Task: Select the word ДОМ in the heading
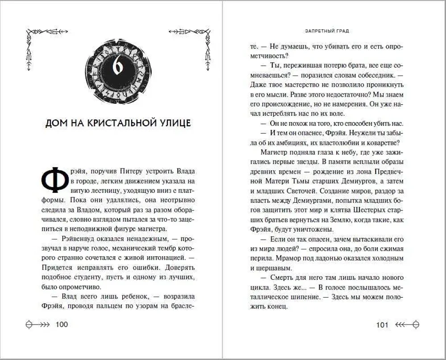(x=56, y=123)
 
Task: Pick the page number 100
(x=61, y=324)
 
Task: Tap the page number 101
(x=383, y=325)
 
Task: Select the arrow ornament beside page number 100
(x=38, y=325)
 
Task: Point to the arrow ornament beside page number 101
(x=407, y=325)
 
